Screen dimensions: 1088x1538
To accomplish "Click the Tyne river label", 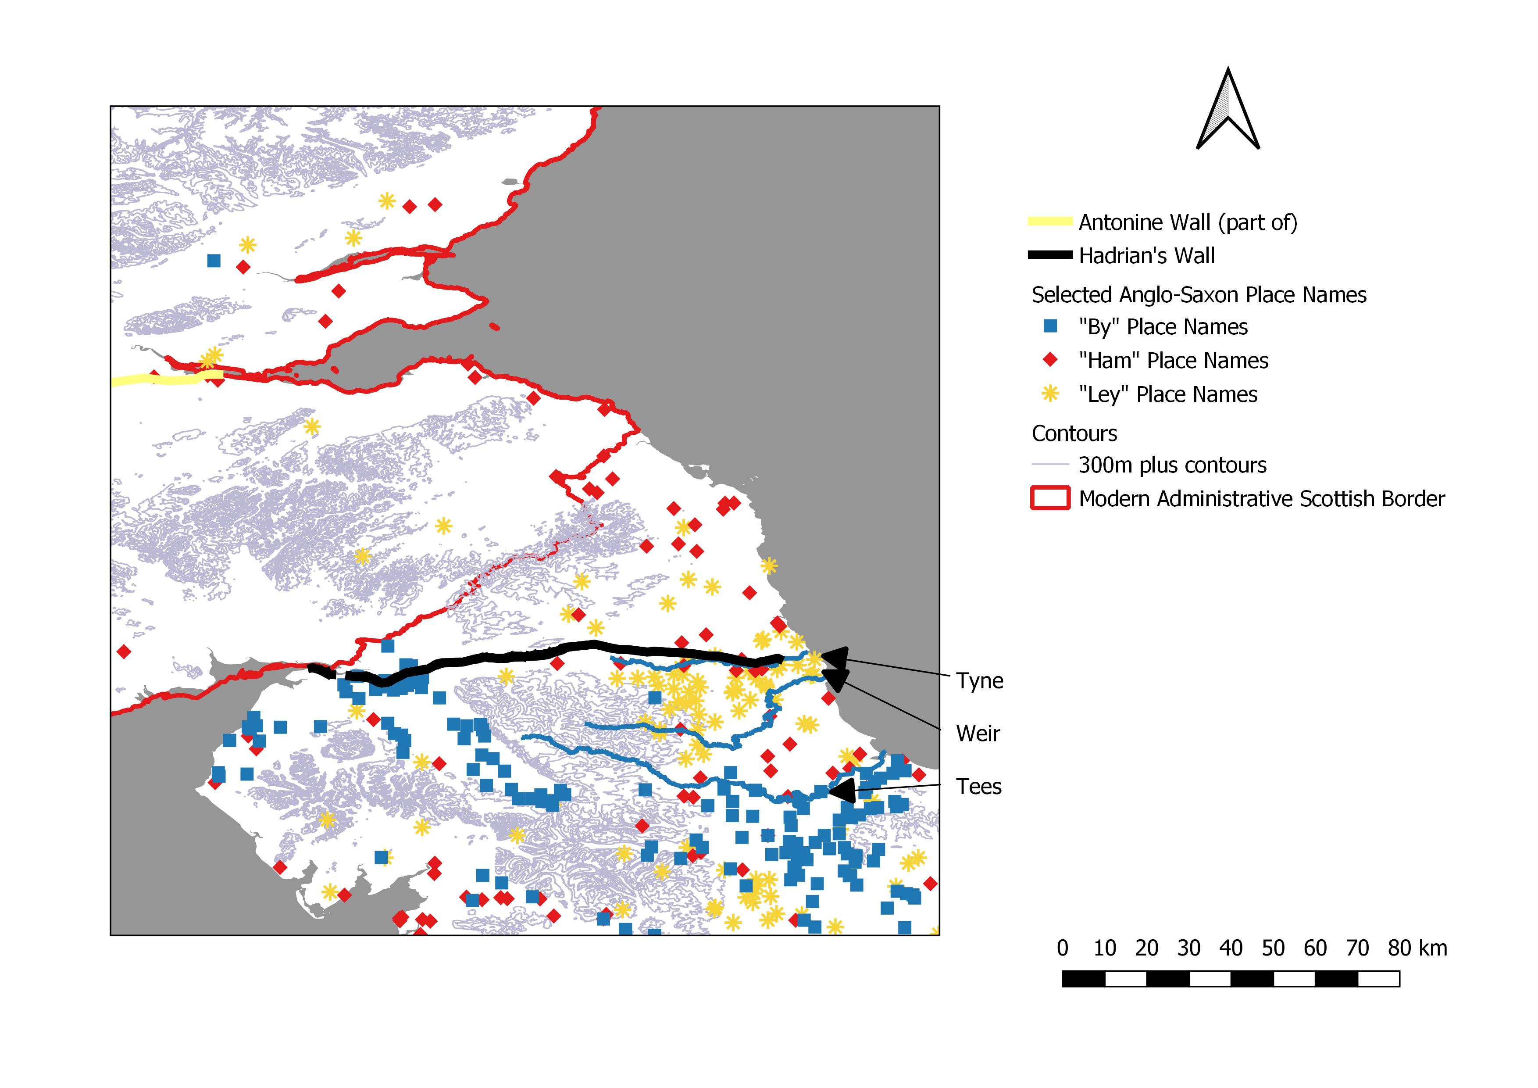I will click(979, 681).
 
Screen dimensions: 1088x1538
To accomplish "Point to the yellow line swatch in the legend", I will click(1050, 222).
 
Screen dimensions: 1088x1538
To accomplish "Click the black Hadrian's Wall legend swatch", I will click(1050, 255).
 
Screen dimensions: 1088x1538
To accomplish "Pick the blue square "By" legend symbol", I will click(1050, 326).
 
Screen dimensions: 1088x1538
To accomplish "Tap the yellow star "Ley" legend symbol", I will click(1050, 394).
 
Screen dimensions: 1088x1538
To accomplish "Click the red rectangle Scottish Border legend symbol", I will click(1050, 498).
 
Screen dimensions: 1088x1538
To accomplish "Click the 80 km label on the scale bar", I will click(1417, 948).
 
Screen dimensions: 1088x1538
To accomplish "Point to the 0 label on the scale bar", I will click(1063, 948).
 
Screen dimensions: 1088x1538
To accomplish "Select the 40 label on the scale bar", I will click(1231, 948).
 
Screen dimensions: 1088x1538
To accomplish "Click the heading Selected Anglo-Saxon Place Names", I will click(1199, 295).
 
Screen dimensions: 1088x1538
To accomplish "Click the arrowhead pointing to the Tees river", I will click(843, 791).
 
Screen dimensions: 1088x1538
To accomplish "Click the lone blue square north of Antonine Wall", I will click(214, 261).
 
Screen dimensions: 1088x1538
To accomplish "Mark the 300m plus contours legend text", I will click(1172, 465).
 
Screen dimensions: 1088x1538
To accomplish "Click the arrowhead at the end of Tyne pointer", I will click(835, 657).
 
